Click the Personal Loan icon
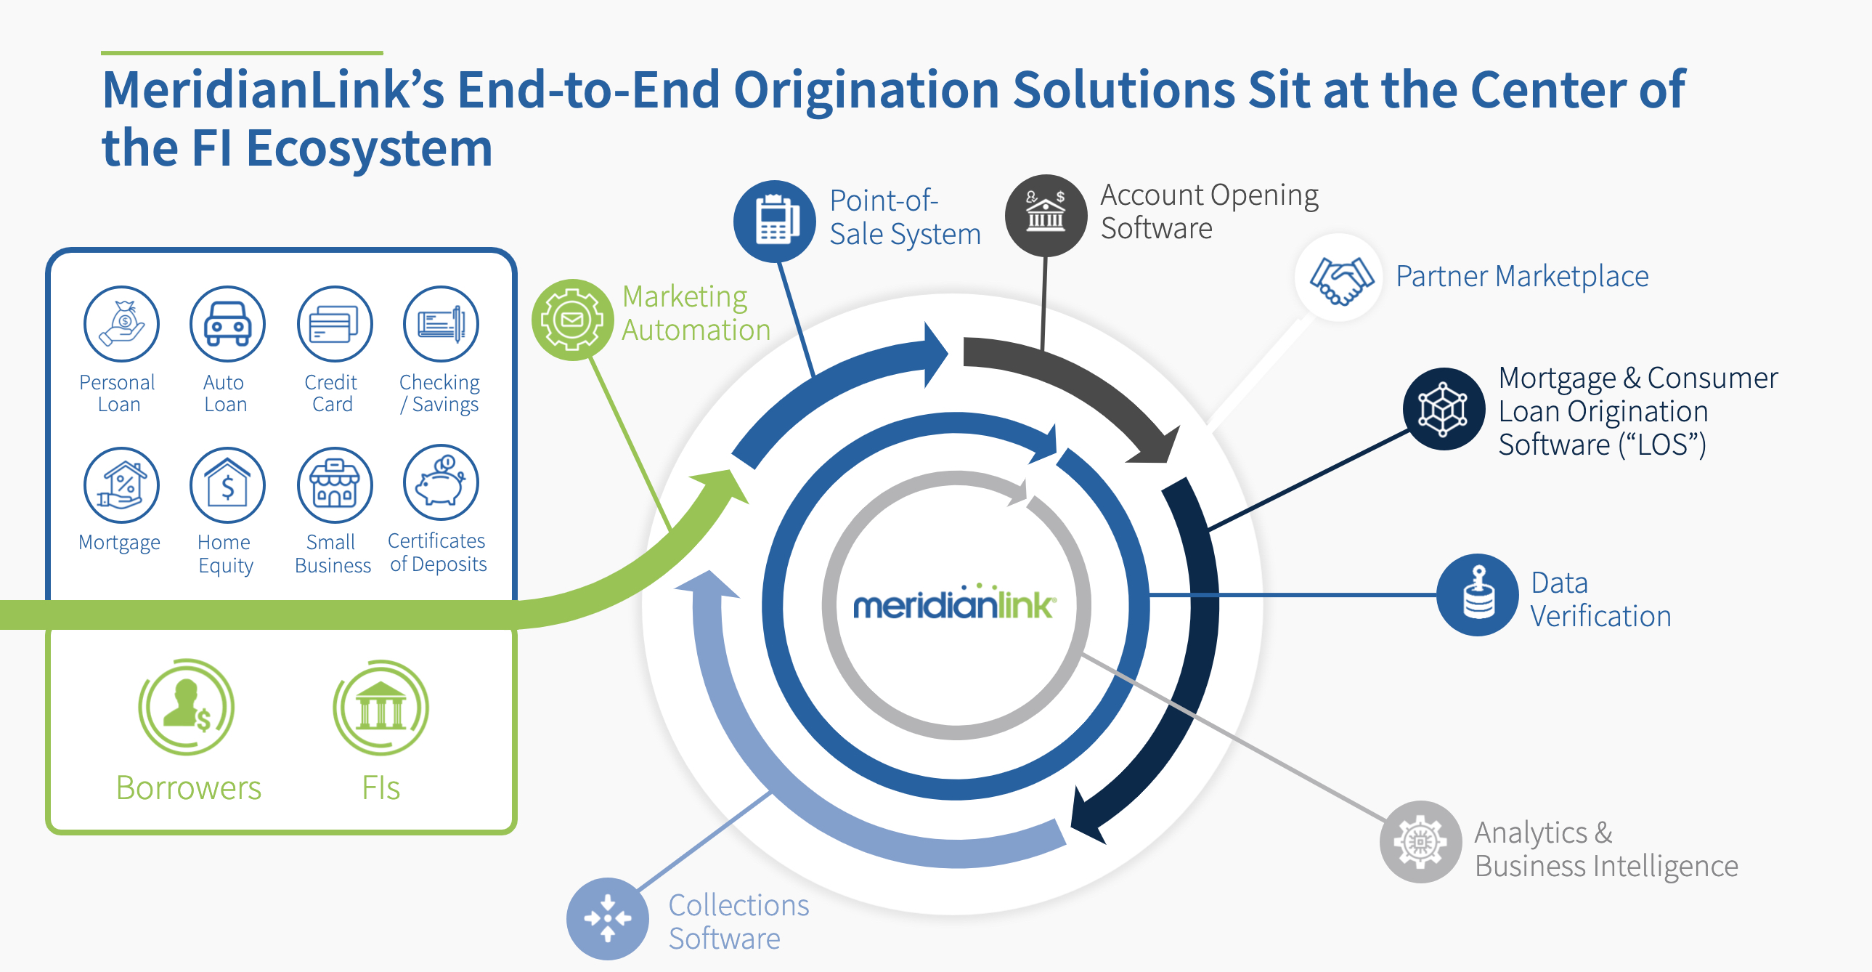coord(121,324)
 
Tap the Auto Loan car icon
coord(227,324)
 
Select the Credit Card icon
coord(334,324)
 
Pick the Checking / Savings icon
coord(441,324)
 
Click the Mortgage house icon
coord(121,485)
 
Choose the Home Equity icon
coord(227,485)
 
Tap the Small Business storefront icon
coord(334,485)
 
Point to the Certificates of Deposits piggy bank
coord(441,482)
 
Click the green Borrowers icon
coord(187,707)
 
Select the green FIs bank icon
coord(380,708)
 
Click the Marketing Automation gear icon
coord(573,320)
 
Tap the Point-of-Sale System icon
coord(775,221)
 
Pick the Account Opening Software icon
coord(1046,215)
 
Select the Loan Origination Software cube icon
coord(1444,409)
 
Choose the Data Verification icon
coord(1478,596)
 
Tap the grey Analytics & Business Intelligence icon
coord(1421,842)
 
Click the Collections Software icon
coord(608,919)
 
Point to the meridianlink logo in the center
coord(954,604)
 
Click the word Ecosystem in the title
coord(369,148)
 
